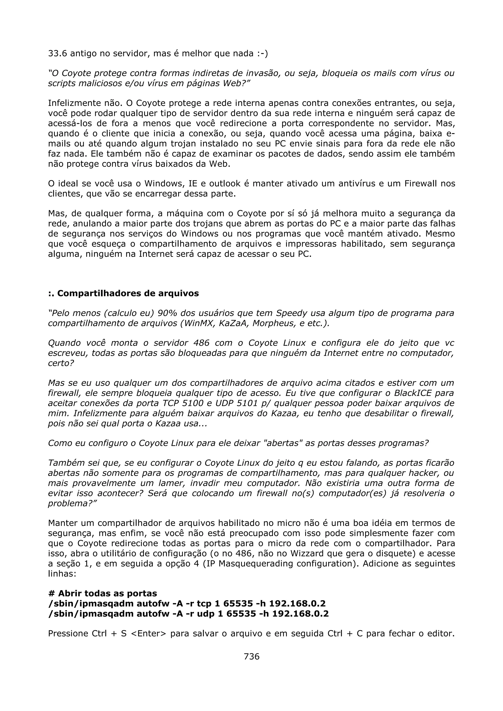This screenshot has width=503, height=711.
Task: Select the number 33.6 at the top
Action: click(x=58, y=53)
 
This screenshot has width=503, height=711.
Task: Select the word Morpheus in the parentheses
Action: click(x=272, y=323)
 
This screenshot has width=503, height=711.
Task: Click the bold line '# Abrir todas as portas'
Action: click(x=103, y=593)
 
